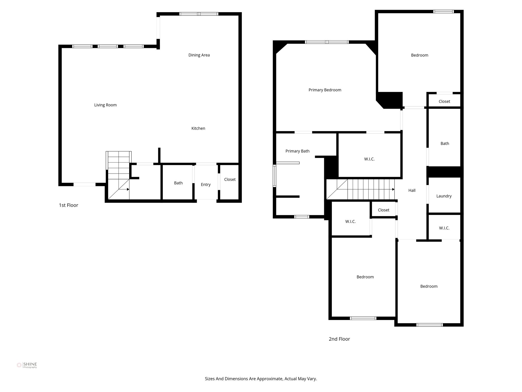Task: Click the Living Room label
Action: pyautogui.click(x=105, y=105)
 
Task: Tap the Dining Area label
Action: pyautogui.click(x=199, y=55)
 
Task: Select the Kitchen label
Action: pyautogui.click(x=198, y=128)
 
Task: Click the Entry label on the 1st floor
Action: pyautogui.click(x=205, y=185)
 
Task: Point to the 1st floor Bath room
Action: pyautogui.click(x=178, y=183)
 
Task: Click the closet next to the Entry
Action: pyautogui.click(x=230, y=179)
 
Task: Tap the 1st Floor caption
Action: pyautogui.click(x=68, y=205)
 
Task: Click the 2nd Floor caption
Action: pyautogui.click(x=339, y=339)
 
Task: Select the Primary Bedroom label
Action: pyautogui.click(x=325, y=90)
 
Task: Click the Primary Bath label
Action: pyautogui.click(x=297, y=151)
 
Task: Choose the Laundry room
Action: pyautogui.click(x=444, y=196)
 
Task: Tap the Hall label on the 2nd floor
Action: pyautogui.click(x=412, y=190)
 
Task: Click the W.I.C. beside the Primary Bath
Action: pyautogui.click(x=369, y=159)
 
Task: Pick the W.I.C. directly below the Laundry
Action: pyautogui.click(x=444, y=228)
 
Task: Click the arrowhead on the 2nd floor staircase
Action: pyautogui.click(x=393, y=189)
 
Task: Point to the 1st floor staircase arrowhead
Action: pyautogui.click(x=128, y=189)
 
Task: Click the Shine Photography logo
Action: pyautogui.click(x=27, y=365)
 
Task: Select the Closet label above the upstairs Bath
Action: pyautogui.click(x=444, y=101)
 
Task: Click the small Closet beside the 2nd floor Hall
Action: pyautogui.click(x=383, y=210)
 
